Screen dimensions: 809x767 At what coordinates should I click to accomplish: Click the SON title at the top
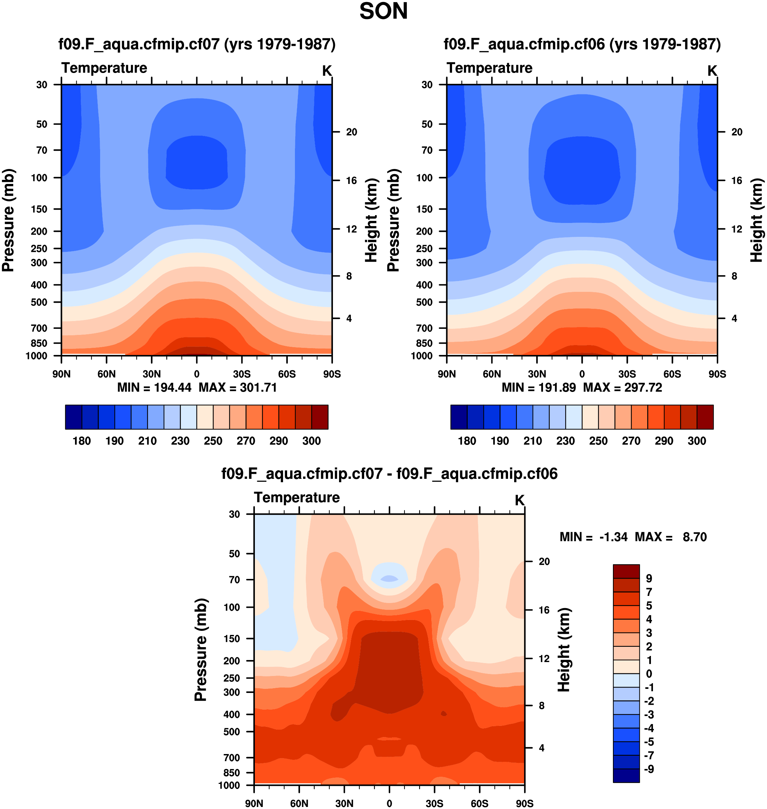[383, 12]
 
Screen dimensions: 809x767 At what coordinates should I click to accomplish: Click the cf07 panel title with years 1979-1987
[197, 44]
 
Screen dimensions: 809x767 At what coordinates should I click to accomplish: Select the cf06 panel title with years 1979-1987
[582, 44]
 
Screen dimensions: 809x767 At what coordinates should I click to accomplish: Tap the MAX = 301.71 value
[238, 388]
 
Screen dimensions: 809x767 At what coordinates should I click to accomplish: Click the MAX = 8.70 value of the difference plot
[671, 537]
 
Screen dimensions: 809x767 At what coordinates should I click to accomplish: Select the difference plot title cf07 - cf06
[389, 473]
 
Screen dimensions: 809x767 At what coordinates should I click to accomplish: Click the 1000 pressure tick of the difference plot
[229, 785]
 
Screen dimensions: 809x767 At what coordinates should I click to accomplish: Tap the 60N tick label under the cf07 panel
[106, 374]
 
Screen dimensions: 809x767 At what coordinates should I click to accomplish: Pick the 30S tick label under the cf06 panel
[627, 374]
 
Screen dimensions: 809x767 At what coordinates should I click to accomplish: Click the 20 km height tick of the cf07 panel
[351, 132]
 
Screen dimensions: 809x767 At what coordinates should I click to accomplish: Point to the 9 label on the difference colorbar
[649, 579]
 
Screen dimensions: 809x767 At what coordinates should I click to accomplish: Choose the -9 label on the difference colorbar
[649, 769]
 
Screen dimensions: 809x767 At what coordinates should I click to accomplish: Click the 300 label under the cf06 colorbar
[697, 441]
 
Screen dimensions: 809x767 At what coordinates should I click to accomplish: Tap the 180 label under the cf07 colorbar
[82, 441]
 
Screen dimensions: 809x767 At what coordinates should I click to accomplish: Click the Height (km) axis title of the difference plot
[564, 650]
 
